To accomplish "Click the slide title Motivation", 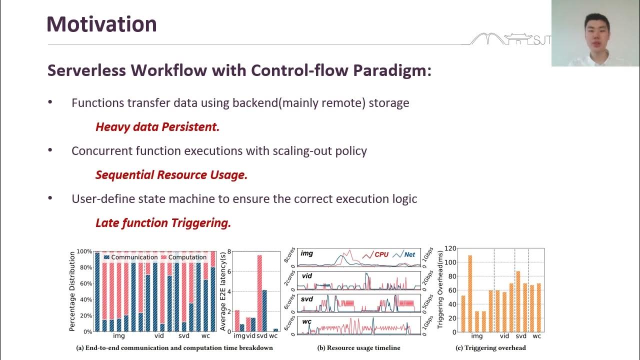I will click(x=101, y=24).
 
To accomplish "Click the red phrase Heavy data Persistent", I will click(x=157, y=127).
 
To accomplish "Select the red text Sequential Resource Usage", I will click(x=171, y=175).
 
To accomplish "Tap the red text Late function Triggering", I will click(x=163, y=223).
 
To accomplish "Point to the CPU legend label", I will click(x=381, y=254).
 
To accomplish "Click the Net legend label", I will click(x=409, y=254).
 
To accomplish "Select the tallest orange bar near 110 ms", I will click(x=470, y=293).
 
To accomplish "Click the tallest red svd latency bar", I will click(x=259, y=293).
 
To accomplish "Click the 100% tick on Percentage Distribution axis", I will click(x=84, y=251).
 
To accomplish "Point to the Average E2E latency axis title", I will click(x=223, y=290).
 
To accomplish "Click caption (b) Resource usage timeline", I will click(x=358, y=347).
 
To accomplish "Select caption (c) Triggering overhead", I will click(x=490, y=347).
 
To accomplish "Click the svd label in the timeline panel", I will click(x=306, y=298).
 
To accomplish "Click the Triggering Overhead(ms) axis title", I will click(x=440, y=290).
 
